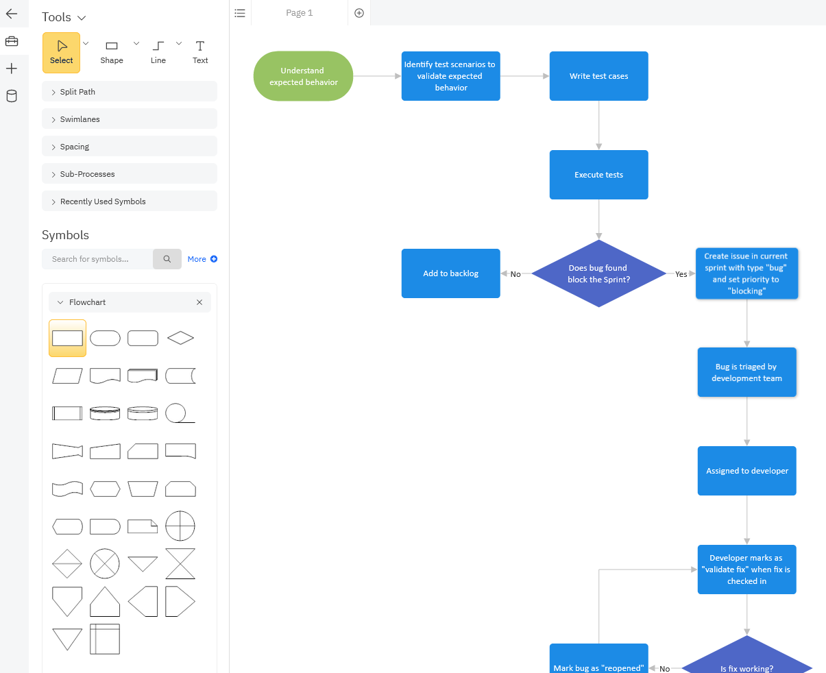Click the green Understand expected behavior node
[303, 76]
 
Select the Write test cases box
[598, 76]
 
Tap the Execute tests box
[598, 175]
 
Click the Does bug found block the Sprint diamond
[598, 273]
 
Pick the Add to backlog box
[450, 273]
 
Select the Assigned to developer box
[746, 471]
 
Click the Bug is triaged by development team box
[746, 372]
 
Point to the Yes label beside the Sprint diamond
[681, 274]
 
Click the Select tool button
[62, 53]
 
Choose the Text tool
[200, 53]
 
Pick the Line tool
[158, 53]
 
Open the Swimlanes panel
[130, 119]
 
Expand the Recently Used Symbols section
[130, 201]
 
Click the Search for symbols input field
[97, 259]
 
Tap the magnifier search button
[167, 259]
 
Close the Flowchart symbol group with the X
[199, 302]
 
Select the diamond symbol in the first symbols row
[180, 338]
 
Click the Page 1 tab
[300, 13]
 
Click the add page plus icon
[359, 13]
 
